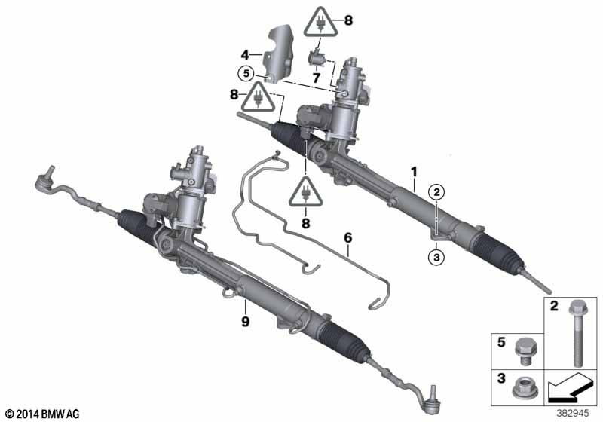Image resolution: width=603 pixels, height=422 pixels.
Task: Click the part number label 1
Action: pyautogui.click(x=413, y=172)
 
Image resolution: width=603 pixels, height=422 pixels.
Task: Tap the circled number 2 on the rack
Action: pyautogui.click(x=436, y=194)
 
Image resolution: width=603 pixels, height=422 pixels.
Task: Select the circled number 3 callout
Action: pyautogui.click(x=436, y=258)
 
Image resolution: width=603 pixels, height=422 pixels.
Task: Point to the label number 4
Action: pyautogui.click(x=244, y=54)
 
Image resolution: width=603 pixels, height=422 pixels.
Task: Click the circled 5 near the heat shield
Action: pyautogui.click(x=244, y=74)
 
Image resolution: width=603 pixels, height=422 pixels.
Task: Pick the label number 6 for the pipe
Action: pyautogui.click(x=348, y=238)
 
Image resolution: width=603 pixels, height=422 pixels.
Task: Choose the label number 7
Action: pyautogui.click(x=317, y=77)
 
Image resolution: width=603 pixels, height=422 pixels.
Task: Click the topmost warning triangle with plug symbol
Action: pyautogui.click(x=321, y=24)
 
